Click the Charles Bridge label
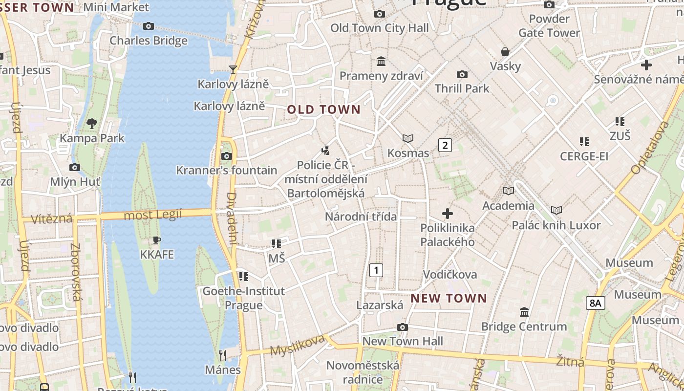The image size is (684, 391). point(149,41)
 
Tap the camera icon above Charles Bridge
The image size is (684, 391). point(149,26)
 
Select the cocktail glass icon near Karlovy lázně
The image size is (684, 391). point(233,70)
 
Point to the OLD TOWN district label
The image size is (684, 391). point(323,109)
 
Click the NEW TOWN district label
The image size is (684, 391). point(449,298)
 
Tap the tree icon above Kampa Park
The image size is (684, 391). point(91,124)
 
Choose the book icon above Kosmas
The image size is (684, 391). point(408,139)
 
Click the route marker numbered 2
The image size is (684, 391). point(445,145)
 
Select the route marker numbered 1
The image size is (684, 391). point(376,270)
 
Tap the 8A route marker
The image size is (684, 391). point(595,303)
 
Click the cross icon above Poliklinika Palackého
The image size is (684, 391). point(447,214)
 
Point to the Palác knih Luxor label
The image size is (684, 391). point(556,225)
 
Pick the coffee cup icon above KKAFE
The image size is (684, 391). point(156,240)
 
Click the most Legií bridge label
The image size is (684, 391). point(153,215)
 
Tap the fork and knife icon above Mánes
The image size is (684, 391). point(223,355)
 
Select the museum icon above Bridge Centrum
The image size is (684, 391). point(524,312)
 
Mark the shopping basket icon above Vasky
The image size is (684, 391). point(505,52)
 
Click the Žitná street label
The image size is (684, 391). point(570,362)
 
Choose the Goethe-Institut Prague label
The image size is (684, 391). point(243,298)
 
